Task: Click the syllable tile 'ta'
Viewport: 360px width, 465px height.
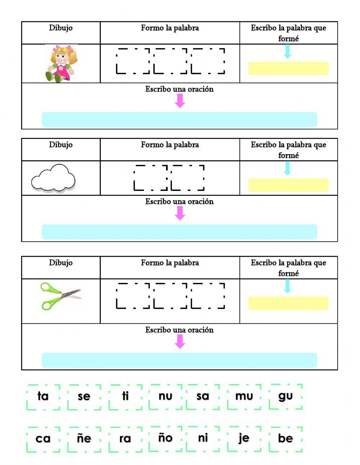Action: [43, 397]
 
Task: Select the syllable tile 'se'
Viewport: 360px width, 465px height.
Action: [84, 397]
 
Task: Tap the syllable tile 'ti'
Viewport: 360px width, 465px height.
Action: [125, 397]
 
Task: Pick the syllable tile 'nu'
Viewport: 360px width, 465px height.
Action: [166, 397]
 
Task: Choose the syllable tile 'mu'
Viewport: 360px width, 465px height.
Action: [244, 397]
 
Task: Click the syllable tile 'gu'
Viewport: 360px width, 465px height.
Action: [285, 397]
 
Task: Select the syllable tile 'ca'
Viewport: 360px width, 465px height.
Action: [43, 439]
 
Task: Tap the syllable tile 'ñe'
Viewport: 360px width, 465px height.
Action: [84, 439]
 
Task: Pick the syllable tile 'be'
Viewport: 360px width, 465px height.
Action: [285, 439]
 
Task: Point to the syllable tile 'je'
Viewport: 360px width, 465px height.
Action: [244, 439]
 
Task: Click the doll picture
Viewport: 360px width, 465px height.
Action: [61, 64]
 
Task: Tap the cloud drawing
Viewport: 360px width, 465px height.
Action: [53, 178]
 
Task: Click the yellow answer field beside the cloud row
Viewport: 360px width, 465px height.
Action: [288, 185]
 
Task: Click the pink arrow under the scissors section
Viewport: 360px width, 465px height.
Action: [180, 341]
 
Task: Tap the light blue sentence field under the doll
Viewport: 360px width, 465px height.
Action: [179, 120]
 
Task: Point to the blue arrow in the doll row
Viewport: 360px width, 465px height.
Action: [287, 51]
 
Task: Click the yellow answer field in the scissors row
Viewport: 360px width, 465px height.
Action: [288, 303]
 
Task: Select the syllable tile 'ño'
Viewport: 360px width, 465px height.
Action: [166, 439]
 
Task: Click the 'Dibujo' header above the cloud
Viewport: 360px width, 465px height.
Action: [61, 145]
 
